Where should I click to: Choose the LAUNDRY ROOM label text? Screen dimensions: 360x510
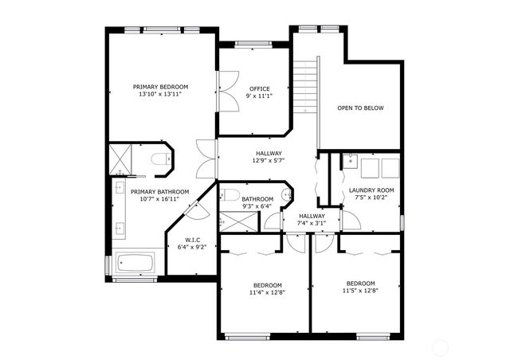tap(371, 190)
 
